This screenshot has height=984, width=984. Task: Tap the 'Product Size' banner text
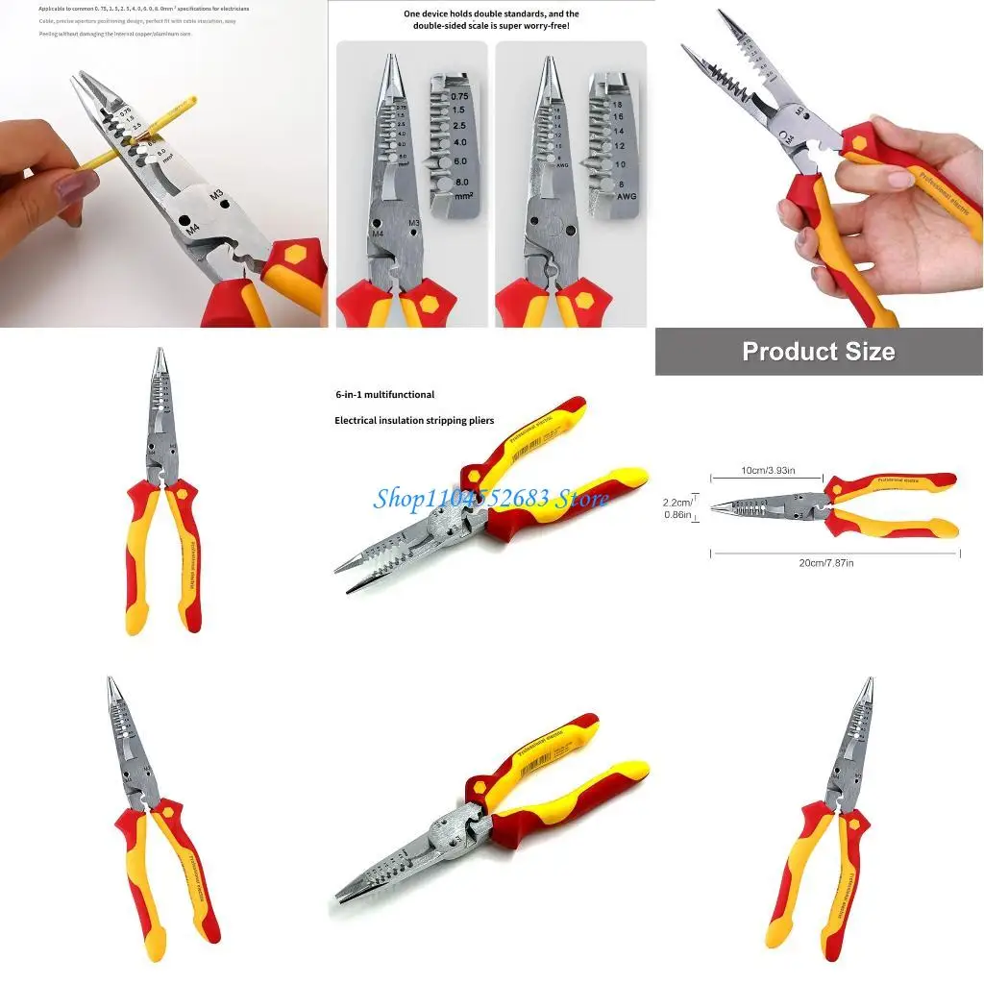coord(819,352)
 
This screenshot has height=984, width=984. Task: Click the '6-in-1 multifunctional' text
coord(384,395)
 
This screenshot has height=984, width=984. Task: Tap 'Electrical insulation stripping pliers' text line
coord(414,421)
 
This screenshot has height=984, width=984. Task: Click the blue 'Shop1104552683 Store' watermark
coord(491,498)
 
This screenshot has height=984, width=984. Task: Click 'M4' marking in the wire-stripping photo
coord(191,230)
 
